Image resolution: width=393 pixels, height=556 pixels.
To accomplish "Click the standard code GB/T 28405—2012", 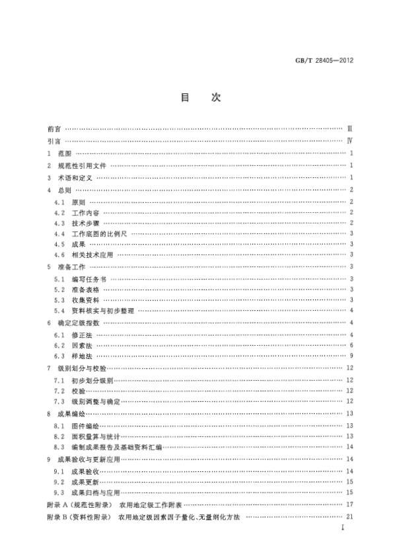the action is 337,60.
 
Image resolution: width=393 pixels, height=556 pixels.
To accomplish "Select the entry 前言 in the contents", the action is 54,128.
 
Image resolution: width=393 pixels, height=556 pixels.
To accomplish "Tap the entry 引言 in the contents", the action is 54,141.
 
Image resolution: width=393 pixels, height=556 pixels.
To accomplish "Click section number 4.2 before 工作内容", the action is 59,213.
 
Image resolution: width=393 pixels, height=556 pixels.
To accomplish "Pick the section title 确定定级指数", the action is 79,322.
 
